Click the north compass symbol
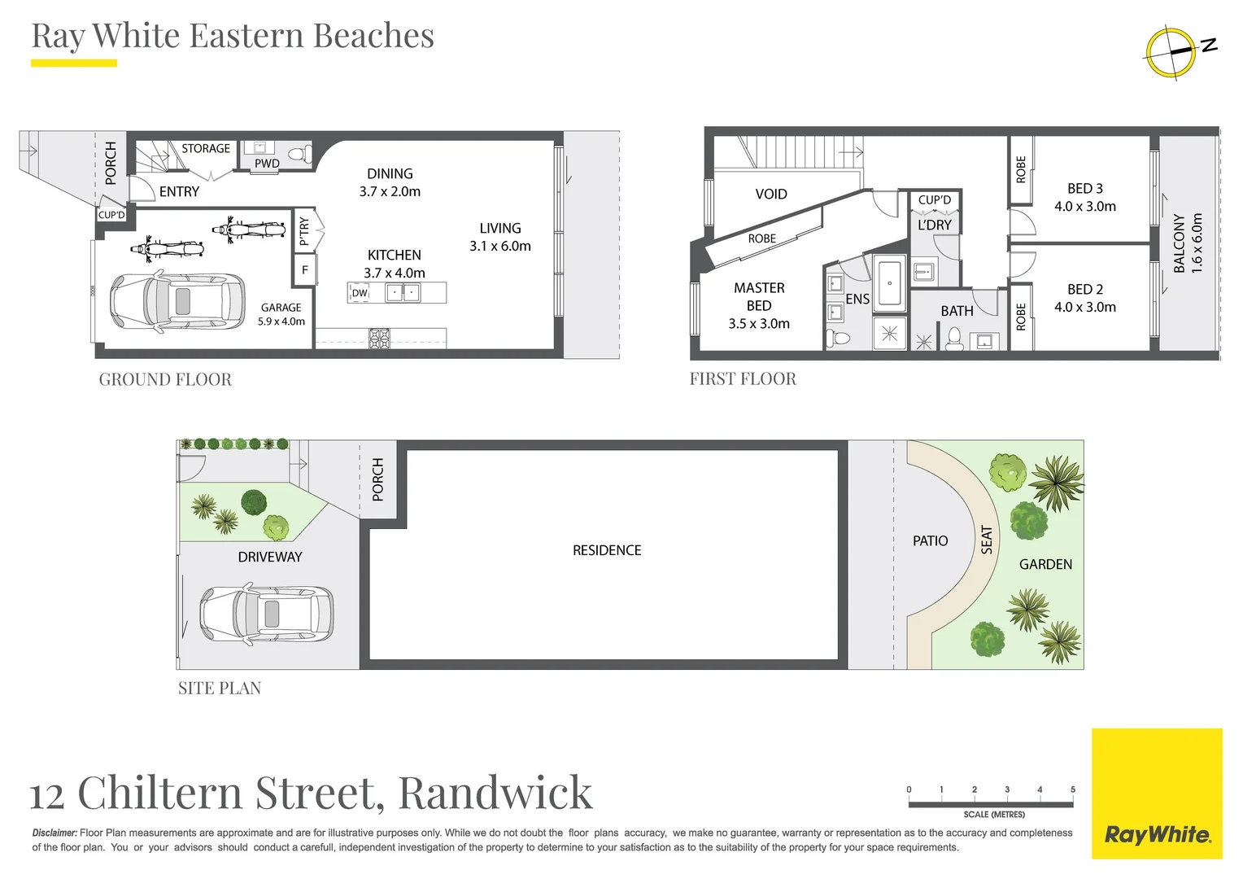click(1171, 53)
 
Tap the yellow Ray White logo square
click(1156, 794)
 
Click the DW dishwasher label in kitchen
click(360, 293)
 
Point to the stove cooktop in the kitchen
click(379, 338)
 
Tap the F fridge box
click(305, 269)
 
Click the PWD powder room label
click(267, 164)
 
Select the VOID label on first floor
click(770, 194)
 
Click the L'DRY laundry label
click(934, 225)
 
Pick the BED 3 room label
click(1085, 188)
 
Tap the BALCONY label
click(1180, 243)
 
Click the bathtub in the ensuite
click(889, 283)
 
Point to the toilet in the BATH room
click(954, 338)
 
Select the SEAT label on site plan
click(987, 540)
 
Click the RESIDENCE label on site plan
click(607, 550)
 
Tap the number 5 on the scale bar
click(1072, 789)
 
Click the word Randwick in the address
click(495, 793)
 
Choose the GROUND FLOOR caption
click(165, 379)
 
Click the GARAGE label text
click(281, 308)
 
